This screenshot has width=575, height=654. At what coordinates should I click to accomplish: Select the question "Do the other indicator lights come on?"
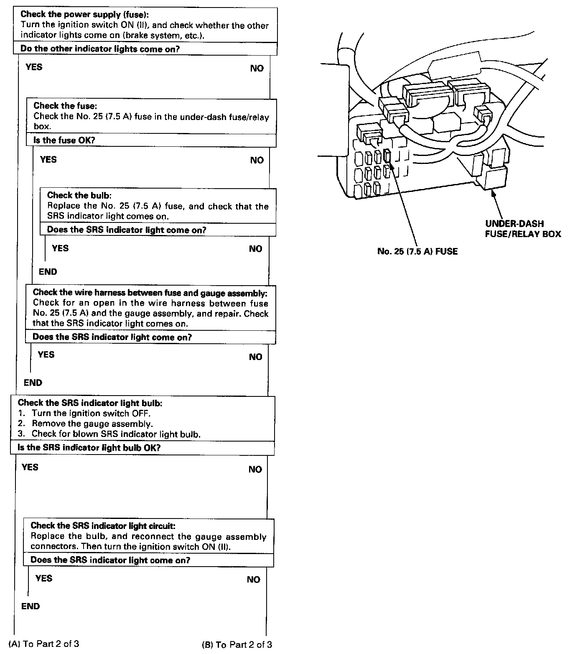click(100, 49)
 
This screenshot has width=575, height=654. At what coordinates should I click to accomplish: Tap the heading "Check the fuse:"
click(65, 105)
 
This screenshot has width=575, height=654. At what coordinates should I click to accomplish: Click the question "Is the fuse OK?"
click(64, 140)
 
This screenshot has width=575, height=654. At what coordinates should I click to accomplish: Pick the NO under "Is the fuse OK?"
click(257, 160)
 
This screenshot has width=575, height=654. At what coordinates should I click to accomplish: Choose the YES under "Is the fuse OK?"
click(48, 159)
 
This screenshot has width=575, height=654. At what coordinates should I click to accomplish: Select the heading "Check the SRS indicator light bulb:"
click(90, 403)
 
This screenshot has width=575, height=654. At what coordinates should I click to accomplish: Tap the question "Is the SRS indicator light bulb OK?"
click(89, 448)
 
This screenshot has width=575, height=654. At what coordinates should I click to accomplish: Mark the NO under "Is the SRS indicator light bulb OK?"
click(255, 469)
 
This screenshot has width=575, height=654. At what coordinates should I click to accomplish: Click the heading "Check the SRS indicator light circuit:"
click(103, 526)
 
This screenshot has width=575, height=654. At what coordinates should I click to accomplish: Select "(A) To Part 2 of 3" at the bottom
click(44, 644)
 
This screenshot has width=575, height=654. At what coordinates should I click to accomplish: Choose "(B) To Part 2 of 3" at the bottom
click(237, 644)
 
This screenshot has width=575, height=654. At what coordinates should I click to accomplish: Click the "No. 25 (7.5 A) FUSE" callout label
click(417, 251)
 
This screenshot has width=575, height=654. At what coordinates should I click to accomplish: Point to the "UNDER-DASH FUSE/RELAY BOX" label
click(523, 229)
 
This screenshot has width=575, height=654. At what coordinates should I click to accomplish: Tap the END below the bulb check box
click(48, 272)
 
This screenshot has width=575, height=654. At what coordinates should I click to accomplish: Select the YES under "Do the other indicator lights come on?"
click(34, 67)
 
